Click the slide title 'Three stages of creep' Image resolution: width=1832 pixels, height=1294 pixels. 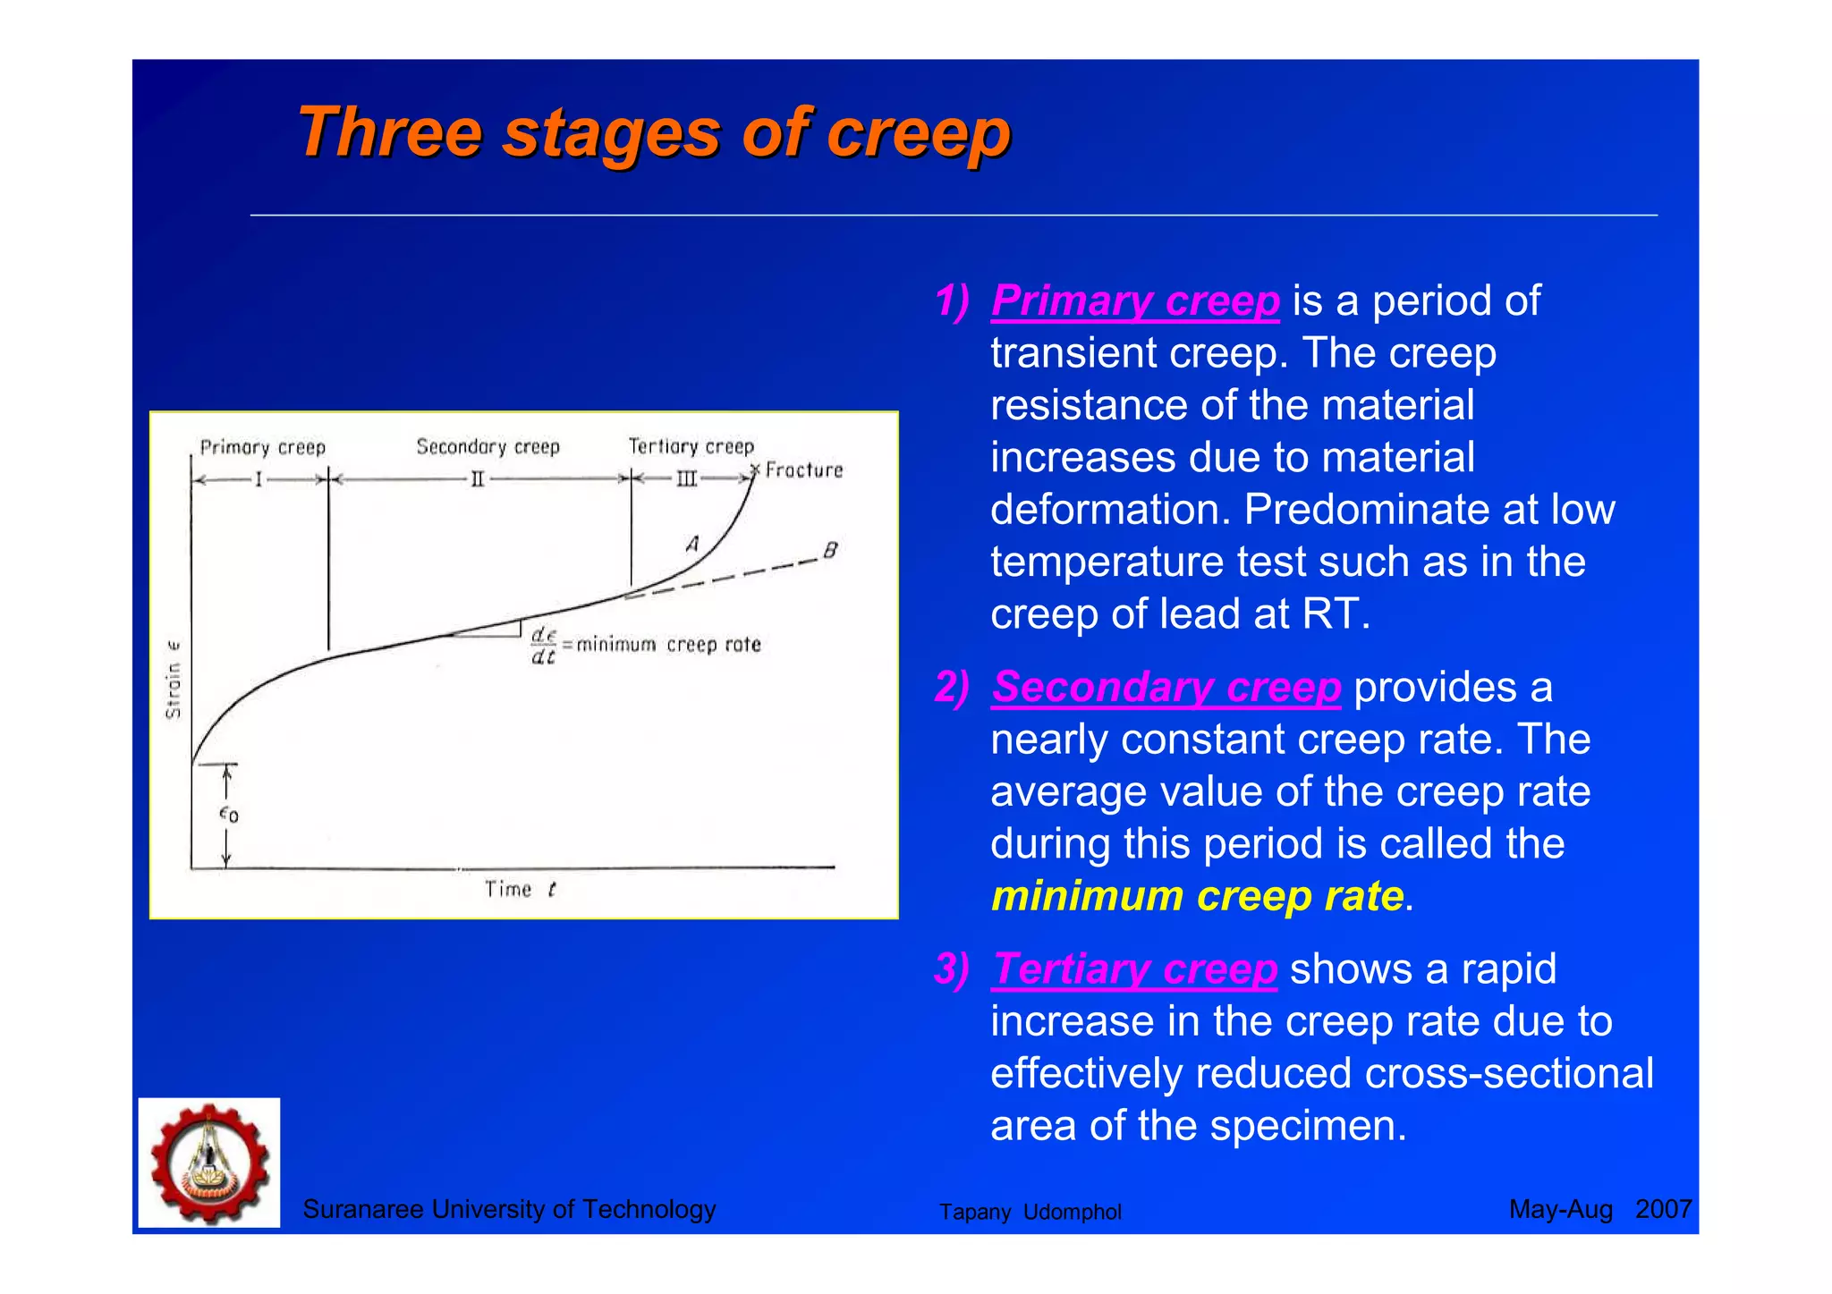653,132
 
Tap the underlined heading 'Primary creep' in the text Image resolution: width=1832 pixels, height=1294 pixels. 1134,301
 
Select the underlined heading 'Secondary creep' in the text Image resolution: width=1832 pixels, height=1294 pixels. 1166,688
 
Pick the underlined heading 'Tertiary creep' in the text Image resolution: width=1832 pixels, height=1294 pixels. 1134,969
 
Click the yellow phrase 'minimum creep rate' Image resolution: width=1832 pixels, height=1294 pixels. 1197,896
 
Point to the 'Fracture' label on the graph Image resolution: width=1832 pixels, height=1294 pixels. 803,470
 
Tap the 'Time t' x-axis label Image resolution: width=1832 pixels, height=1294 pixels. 520,889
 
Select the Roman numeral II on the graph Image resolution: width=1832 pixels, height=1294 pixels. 478,480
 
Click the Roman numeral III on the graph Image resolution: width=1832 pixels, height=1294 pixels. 686,480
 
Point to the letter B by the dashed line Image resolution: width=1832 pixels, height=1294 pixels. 830,550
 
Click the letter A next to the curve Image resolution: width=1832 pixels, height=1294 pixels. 692,544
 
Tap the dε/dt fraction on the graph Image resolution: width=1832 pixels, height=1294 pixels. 543,646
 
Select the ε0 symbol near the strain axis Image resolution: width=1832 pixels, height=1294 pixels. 229,814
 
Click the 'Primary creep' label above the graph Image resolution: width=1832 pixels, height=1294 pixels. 262,447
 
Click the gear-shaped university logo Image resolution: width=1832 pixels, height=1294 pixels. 209,1163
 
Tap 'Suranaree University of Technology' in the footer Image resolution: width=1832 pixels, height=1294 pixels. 509,1210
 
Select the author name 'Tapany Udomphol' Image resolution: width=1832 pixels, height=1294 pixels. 1030,1213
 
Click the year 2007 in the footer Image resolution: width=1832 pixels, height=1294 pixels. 1663,1210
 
